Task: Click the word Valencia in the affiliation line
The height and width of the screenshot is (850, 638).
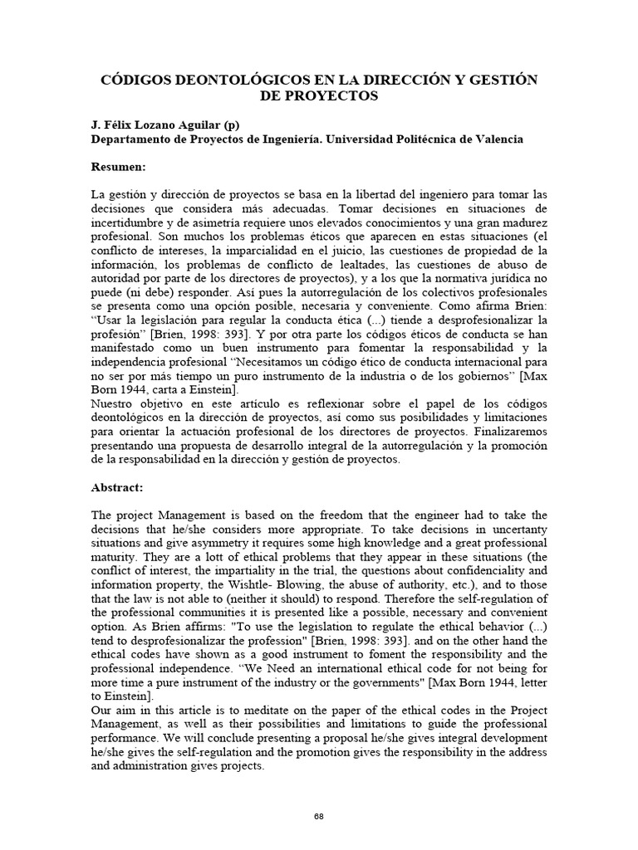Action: [498, 139]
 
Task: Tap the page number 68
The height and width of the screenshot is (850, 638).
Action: [319, 817]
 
